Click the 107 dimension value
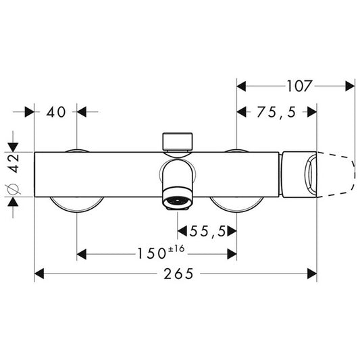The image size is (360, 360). click(x=300, y=86)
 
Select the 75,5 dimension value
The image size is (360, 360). click(x=276, y=113)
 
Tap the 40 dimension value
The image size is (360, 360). click(x=56, y=112)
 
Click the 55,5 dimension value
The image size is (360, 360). click(x=207, y=231)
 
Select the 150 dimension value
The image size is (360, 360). click(x=151, y=254)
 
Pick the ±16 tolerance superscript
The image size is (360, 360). click(x=176, y=249)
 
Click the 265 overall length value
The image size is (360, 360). click(x=178, y=274)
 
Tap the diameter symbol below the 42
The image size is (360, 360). click(x=13, y=189)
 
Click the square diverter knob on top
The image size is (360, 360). click(x=178, y=141)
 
